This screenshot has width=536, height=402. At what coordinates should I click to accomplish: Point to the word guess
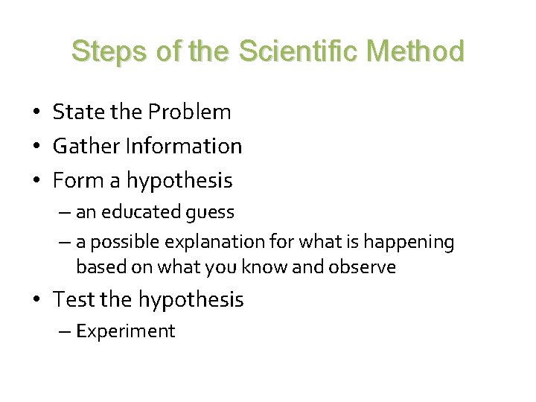pyautogui.click(x=211, y=213)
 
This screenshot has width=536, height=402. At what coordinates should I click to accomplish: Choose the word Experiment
pyautogui.click(x=126, y=331)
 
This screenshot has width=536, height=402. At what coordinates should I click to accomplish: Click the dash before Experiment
pyautogui.click(x=62, y=331)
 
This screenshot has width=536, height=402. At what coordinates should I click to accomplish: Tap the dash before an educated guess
pyautogui.click(x=62, y=212)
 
